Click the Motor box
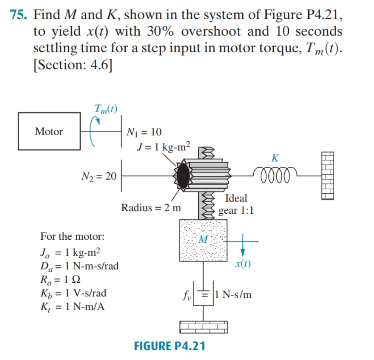[49, 132]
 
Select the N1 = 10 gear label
[144, 132]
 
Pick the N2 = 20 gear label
[99, 176]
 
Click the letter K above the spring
[275, 158]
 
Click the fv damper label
[187, 294]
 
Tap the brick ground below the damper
[203, 326]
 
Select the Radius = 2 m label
[151, 208]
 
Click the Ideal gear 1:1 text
[236, 204]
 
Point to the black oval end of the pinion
[183, 176]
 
